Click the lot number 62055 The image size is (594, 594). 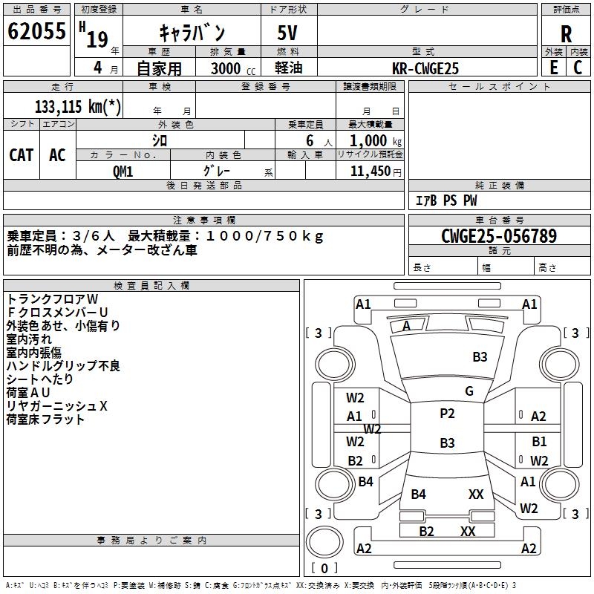click(x=36, y=33)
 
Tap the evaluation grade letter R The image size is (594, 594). click(x=566, y=33)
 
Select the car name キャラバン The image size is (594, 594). click(x=192, y=33)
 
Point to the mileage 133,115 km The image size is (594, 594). click(x=77, y=106)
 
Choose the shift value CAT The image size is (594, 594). click(x=21, y=154)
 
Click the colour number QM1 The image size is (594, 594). click(x=123, y=171)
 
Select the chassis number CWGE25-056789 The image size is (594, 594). click(x=498, y=236)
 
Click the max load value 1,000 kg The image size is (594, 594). click(x=370, y=140)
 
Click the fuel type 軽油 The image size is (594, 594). click(x=287, y=68)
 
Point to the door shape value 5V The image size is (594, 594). click(x=289, y=33)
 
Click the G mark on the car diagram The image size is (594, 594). click(x=469, y=391)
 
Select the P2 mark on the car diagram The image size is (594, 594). click(x=447, y=414)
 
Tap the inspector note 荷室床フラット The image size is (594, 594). click(x=45, y=420)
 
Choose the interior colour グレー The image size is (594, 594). click(x=215, y=171)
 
